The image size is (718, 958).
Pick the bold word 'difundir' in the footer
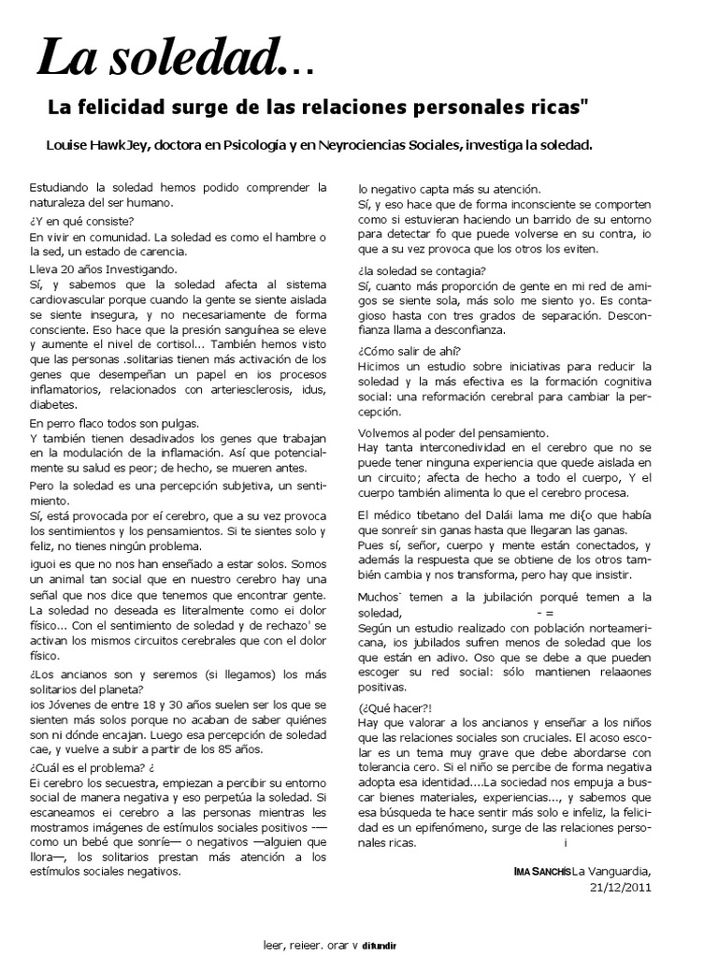[381, 945]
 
